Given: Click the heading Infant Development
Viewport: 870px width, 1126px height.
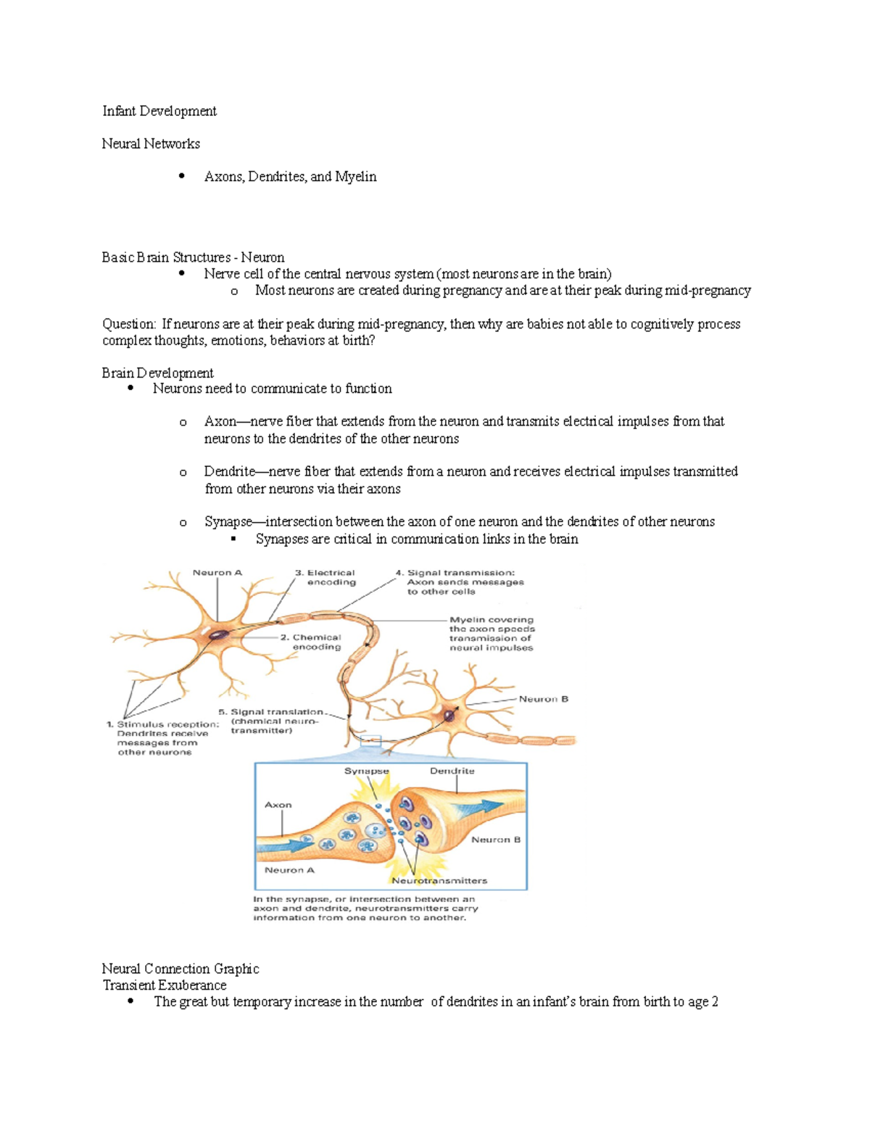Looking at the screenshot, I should point(159,111).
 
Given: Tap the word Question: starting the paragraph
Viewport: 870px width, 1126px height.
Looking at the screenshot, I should point(129,324).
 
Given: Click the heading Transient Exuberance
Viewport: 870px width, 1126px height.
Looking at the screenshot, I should point(165,985).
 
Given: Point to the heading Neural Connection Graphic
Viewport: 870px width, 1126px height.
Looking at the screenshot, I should point(181,969).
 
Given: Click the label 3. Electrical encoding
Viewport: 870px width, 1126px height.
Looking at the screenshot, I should point(326,577).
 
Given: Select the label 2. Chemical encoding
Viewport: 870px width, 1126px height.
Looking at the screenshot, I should point(311,642).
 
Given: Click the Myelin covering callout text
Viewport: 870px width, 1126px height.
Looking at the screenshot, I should point(492,634).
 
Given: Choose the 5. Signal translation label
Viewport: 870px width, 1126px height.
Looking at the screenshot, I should point(271,721).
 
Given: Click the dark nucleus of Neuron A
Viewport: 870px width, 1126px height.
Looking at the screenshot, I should point(219,635).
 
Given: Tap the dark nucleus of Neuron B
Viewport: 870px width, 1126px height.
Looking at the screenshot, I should point(449,715).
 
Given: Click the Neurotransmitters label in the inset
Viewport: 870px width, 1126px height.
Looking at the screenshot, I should point(439,880).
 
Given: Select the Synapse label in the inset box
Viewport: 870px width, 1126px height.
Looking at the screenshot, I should point(366,771).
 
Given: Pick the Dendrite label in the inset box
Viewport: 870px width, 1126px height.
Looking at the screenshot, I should point(452,771).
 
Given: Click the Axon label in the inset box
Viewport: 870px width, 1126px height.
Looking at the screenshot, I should point(278,805).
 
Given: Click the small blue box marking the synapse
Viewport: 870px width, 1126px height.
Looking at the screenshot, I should point(370,740).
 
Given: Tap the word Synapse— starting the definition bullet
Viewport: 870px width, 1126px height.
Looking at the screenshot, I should point(228,522).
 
